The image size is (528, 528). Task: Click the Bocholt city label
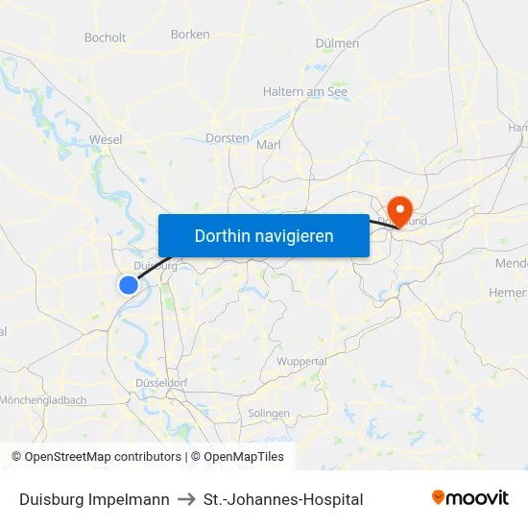106,38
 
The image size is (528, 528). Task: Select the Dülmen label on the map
337,43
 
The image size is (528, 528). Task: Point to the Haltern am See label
305,92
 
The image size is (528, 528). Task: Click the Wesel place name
106,139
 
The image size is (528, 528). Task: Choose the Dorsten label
228,138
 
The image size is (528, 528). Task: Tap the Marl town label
269,145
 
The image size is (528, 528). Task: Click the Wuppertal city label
301,361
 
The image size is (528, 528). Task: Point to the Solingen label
269,413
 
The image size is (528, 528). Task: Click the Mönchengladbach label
43,400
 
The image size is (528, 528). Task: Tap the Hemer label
509,292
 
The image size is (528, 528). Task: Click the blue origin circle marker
129,284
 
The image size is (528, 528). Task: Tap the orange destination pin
397,210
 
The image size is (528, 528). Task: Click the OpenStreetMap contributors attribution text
103,457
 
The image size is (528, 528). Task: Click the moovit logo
469,498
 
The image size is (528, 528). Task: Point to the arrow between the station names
186,499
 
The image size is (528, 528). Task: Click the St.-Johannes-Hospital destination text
283,499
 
